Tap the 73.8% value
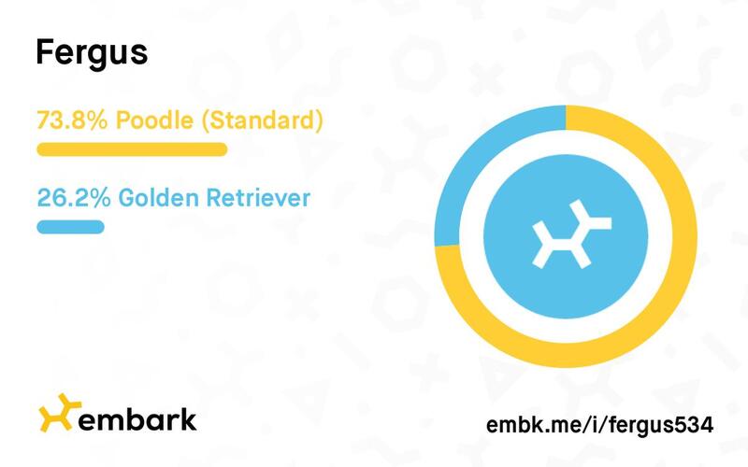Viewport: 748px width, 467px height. point(72,120)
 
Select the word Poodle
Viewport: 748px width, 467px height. point(154,120)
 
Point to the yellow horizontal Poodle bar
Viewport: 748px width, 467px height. point(132,149)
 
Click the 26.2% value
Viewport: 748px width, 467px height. point(74,198)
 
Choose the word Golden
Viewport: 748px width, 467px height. point(158,198)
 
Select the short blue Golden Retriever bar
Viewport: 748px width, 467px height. point(71,227)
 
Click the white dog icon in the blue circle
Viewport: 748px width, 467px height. point(571,234)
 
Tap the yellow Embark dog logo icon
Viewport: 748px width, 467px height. point(59,413)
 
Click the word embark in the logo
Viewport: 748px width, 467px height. point(137,419)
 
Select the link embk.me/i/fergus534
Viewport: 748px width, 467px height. point(599,425)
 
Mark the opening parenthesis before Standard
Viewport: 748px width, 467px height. point(205,121)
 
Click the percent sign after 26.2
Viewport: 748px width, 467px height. point(101,198)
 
